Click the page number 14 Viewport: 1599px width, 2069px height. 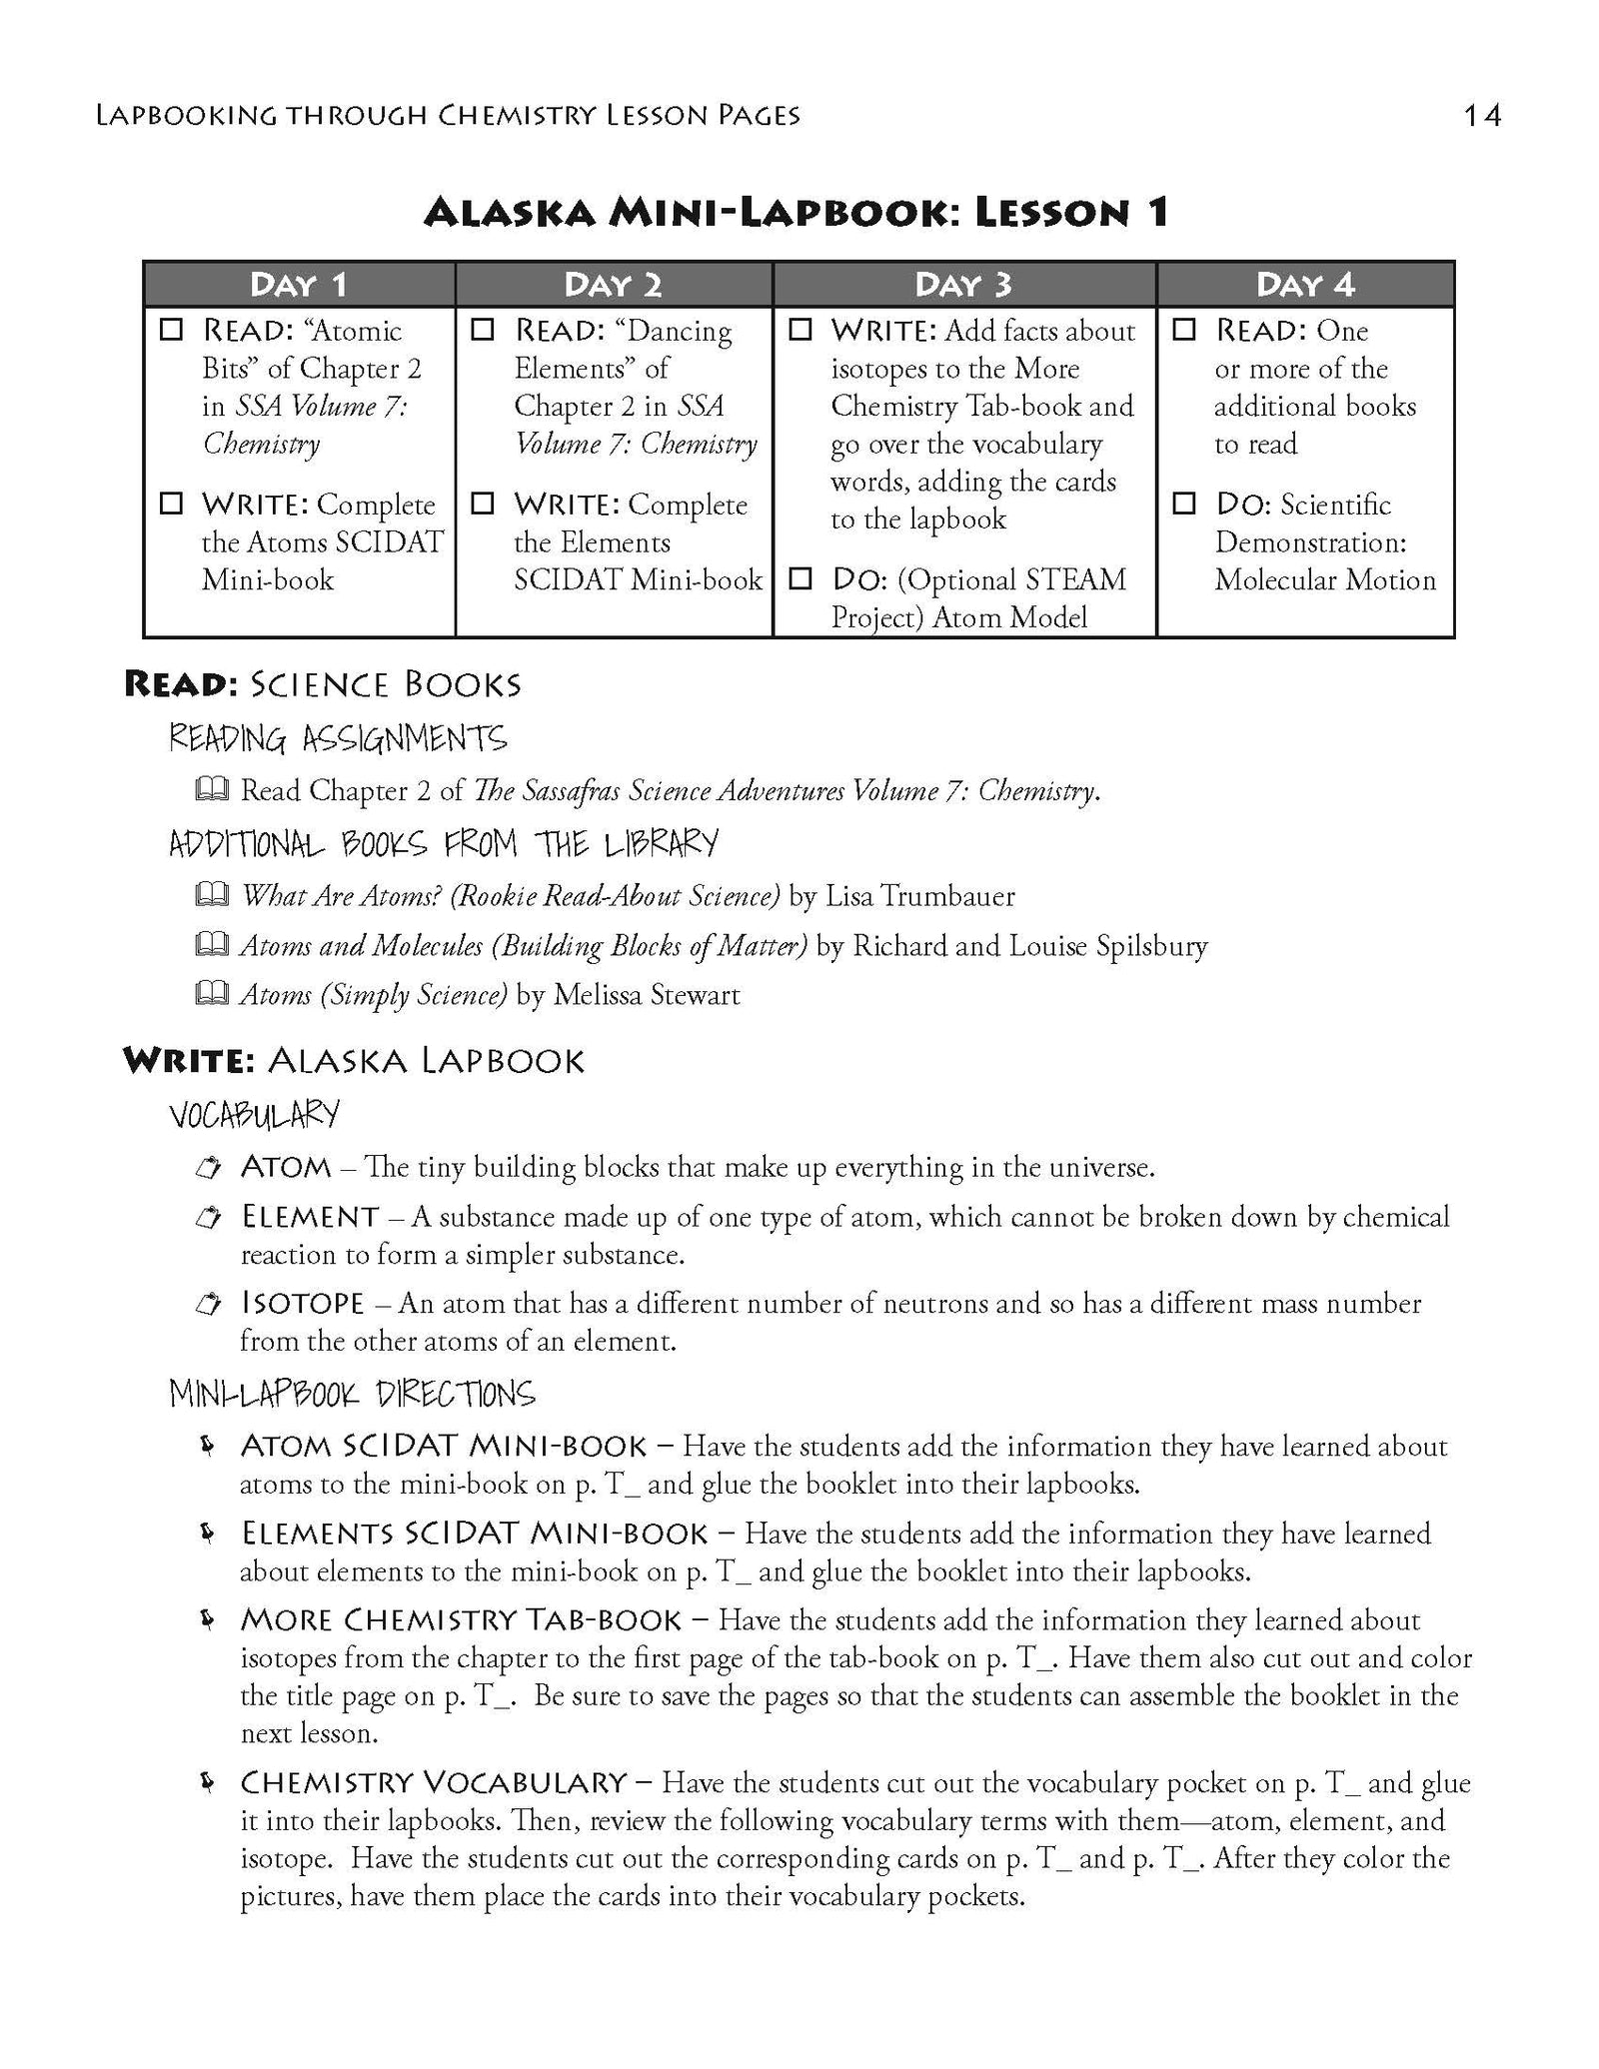tap(1481, 116)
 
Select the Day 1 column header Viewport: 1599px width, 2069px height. tap(298, 285)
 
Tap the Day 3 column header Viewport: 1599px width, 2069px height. tap(963, 285)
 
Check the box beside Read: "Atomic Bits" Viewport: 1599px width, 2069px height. tap(172, 329)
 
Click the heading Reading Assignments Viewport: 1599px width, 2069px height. tap(338, 739)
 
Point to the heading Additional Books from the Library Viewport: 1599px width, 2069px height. tap(443, 844)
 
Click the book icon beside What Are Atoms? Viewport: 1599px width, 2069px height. tap(211, 895)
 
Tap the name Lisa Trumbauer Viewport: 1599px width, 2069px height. tap(918, 895)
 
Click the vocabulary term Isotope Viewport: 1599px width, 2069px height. tap(302, 1303)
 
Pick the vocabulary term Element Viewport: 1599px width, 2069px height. tap(310, 1217)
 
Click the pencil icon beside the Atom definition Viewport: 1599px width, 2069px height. tap(208, 1167)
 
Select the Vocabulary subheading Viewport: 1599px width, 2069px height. tap(254, 1114)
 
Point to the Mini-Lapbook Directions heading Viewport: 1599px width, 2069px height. tap(352, 1394)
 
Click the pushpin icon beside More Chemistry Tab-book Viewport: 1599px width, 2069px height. tap(208, 1619)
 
